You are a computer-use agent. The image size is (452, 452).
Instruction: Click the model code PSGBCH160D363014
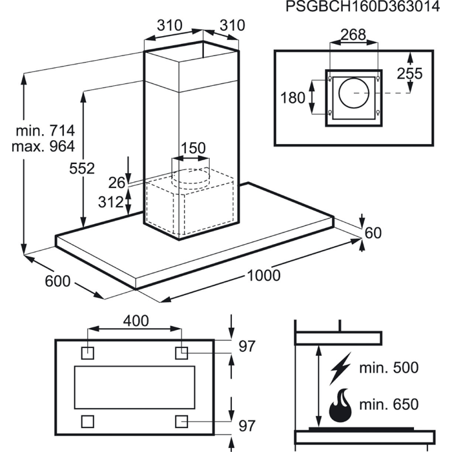(x=362, y=6)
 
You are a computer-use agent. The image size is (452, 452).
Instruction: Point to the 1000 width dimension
(x=263, y=275)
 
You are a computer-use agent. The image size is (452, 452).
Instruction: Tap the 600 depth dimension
(x=57, y=281)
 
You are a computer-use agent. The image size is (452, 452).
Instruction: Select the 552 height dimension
(x=82, y=169)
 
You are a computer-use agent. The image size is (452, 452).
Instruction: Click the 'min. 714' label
(x=45, y=131)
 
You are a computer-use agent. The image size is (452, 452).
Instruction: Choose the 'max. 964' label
(x=43, y=147)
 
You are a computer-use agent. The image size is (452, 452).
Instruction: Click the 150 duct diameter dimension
(x=193, y=148)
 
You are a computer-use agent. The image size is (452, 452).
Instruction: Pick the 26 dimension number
(x=117, y=183)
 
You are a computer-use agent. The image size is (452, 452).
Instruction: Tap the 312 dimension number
(x=110, y=201)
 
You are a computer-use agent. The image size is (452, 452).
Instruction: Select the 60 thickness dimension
(x=373, y=233)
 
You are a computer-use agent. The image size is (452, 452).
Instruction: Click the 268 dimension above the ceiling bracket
(x=353, y=35)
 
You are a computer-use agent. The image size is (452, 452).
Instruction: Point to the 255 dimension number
(x=409, y=74)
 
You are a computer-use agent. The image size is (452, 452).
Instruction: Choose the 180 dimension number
(x=293, y=98)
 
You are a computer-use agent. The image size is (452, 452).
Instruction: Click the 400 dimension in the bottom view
(x=136, y=321)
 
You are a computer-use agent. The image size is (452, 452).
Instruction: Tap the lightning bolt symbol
(x=340, y=368)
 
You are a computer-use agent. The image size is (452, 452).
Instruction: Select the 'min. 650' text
(x=389, y=404)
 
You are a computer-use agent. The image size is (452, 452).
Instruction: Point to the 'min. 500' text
(x=389, y=367)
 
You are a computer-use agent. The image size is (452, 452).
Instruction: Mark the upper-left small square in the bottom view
(x=87, y=353)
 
